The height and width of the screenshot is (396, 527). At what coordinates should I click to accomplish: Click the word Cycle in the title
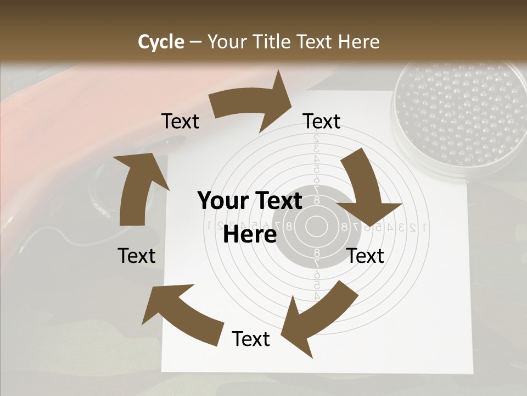point(161,42)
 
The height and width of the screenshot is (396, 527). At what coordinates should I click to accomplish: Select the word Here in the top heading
point(358,42)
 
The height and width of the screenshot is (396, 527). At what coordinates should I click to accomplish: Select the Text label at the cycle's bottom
point(251,339)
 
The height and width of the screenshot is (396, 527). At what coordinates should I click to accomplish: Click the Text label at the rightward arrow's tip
point(322,122)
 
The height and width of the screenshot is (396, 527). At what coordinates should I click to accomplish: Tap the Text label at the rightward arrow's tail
point(181,122)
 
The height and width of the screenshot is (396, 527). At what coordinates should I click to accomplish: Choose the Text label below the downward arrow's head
point(366,256)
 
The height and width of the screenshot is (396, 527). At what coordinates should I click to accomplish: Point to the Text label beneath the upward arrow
point(137,256)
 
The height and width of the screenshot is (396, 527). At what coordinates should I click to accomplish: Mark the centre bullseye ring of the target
point(316,225)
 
